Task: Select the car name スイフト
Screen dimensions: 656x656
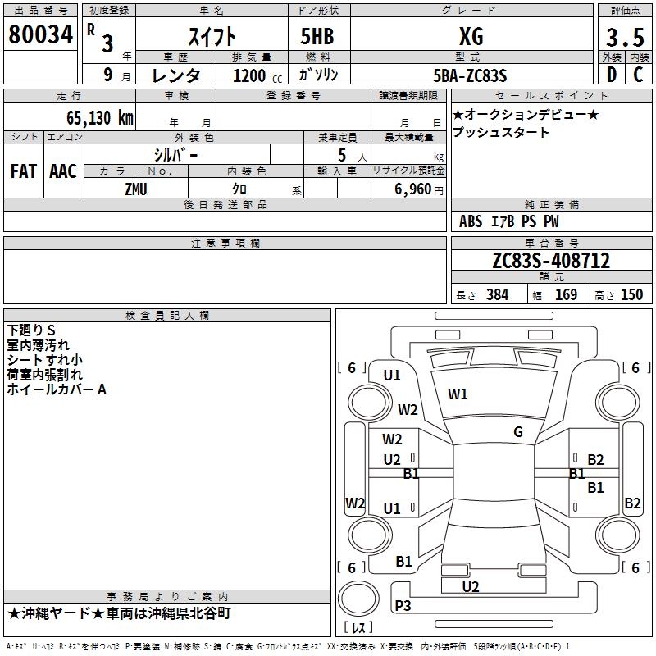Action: pyautogui.click(x=213, y=36)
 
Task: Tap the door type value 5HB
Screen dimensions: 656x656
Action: pyautogui.click(x=311, y=36)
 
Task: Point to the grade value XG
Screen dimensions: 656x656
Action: pyautogui.click(x=471, y=36)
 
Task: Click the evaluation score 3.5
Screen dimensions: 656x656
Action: pyautogui.click(x=623, y=38)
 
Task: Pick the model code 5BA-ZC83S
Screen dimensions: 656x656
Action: pyautogui.click(x=471, y=75)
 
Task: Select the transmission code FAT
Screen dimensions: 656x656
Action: pyautogui.click(x=23, y=171)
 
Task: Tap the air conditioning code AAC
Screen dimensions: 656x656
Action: pyautogui.click(x=62, y=171)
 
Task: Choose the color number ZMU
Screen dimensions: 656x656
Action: pyautogui.click(x=135, y=189)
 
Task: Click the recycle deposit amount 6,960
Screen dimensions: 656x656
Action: pyautogui.click(x=413, y=189)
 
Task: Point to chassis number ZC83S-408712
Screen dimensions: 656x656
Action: pyautogui.click(x=551, y=261)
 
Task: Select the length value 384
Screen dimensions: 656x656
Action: pyautogui.click(x=497, y=295)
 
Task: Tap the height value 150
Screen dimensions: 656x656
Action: pyautogui.click(x=631, y=295)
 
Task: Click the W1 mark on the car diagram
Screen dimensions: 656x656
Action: pyautogui.click(x=458, y=394)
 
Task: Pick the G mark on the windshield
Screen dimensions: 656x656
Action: pyautogui.click(x=518, y=431)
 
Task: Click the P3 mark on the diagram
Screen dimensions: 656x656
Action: pyautogui.click(x=403, y=606)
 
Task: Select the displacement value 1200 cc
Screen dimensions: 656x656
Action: pyautogui.click(x=252, y=75)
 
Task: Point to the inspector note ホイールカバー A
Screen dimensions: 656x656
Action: pyautogui.click(x=57, y=389)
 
